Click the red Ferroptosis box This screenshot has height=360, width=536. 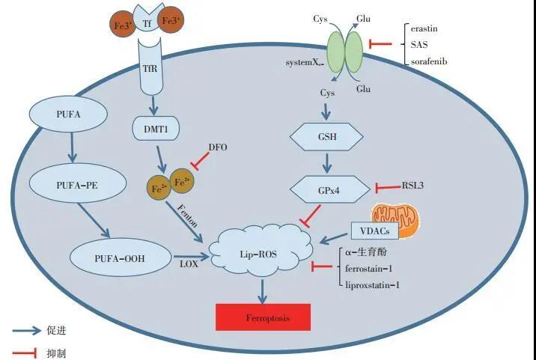(262, 318)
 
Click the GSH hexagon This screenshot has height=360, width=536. (327, 136)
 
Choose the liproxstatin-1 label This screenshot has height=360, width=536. (374, 284)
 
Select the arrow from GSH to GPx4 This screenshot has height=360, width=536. (327, 162)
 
